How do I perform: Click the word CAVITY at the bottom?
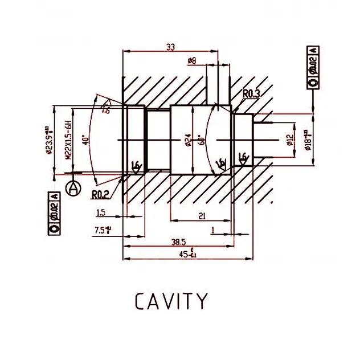pyautogui.click(x=171, y=300)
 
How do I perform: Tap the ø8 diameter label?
pyautogui.click(x=191, y=60)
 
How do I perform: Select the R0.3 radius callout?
pyautogui.click(x=251, y=93)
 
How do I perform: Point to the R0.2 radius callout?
pyautogui.click(x=100, y=194)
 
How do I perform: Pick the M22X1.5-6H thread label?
pyautogui.click(x=67, y=140)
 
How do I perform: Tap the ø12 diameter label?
pyautogui.click(x=291, y=140)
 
